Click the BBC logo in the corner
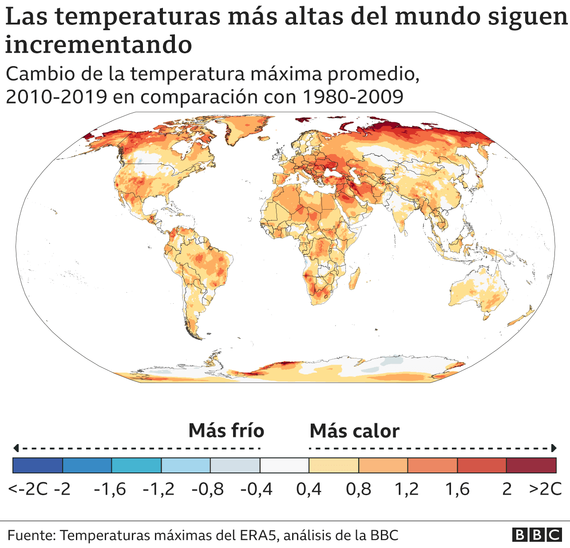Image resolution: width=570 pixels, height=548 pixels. [x=537, y=535]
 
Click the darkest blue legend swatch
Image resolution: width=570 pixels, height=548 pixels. [x=38, y=465]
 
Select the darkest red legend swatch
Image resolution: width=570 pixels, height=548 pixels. [x=531, y=465]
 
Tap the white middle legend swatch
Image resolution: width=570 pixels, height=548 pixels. [x=284, y=465]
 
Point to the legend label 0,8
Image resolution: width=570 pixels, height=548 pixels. [x=358, y=489]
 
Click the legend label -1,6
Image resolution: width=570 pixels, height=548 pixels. [x=110, y=489]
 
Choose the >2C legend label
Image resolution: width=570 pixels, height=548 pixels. [x=545, y=489]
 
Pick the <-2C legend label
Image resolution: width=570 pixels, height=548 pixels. [x=28, y=489]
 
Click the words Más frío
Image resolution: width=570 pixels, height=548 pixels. [x=226, y=430]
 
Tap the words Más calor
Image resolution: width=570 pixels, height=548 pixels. [x=354, y=431]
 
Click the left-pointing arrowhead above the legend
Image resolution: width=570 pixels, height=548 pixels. [x=16, y=448]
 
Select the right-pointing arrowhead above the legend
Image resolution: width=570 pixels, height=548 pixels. [x=554, y=448]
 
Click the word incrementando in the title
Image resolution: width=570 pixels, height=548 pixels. [x=99, y=44]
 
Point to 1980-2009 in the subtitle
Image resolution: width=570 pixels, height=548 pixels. [x=352, y=96]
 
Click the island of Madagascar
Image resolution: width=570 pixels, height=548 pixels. [x=354, y=279]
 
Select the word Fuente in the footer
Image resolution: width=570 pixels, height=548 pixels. [x=30, y=535]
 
